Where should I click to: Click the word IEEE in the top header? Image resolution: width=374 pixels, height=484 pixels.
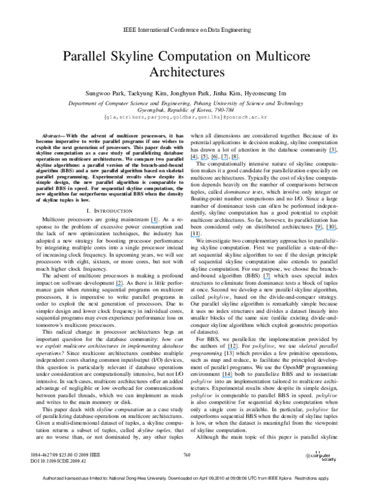(130, 30)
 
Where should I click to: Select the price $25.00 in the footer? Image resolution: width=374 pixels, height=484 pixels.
(66, 455)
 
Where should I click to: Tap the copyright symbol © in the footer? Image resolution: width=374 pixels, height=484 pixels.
(76, 455)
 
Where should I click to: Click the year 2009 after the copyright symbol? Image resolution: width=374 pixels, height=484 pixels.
(84, 455)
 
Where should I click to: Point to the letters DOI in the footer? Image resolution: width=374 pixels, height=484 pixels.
(35, 462)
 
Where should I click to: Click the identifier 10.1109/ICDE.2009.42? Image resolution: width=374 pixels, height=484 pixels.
(64, 462)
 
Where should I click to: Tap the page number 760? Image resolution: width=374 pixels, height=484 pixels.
(187, 455)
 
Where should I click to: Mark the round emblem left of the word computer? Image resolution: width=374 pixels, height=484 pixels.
(308, 457)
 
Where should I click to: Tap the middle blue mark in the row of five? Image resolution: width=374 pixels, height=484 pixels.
(214, 160)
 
